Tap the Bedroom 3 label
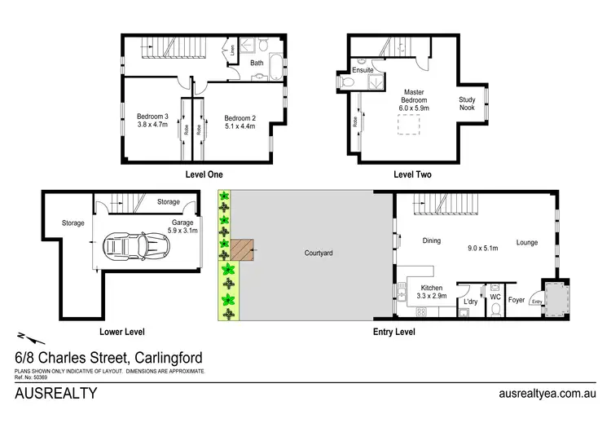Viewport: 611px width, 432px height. pos(152,117)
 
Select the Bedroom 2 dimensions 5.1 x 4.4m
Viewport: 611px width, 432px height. pos(240,126)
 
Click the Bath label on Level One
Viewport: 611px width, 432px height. pos(257,63)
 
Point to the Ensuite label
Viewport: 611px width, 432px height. pos(363,71)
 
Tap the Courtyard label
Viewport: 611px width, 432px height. pos(318,253)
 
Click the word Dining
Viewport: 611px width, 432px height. pos(432,241)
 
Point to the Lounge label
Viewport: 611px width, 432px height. pos(526,241)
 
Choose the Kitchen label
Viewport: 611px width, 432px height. pos(431,289)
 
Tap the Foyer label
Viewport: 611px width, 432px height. pos(517,299)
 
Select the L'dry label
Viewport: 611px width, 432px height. pos(470,302)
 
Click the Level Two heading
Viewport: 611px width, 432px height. pos(412,174)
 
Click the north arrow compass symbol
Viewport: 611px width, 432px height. pos(24,336)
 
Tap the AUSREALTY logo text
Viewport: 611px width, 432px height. pos(56,394)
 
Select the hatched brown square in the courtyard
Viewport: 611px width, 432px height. pos(242,251)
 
